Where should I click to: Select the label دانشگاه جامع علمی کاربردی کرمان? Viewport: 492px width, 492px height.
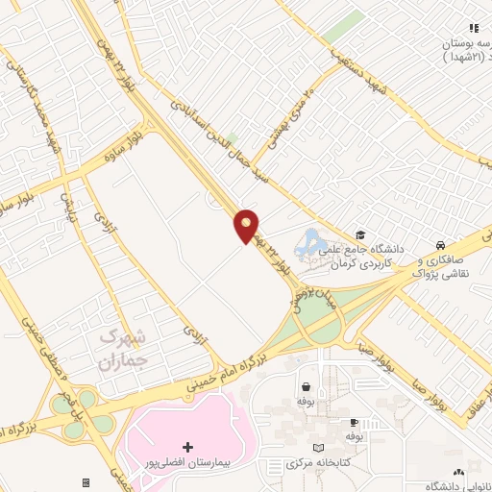[x=381, y=255]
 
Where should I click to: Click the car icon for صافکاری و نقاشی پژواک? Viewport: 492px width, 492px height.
[x=439, y=244]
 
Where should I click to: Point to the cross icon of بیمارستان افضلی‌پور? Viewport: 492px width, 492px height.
[x=187, y=448]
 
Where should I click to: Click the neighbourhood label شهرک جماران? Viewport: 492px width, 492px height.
[x=123, y=349]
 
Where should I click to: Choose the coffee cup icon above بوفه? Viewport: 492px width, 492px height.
[x=354, y=422]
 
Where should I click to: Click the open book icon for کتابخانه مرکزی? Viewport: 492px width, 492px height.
[x=319, y=449]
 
